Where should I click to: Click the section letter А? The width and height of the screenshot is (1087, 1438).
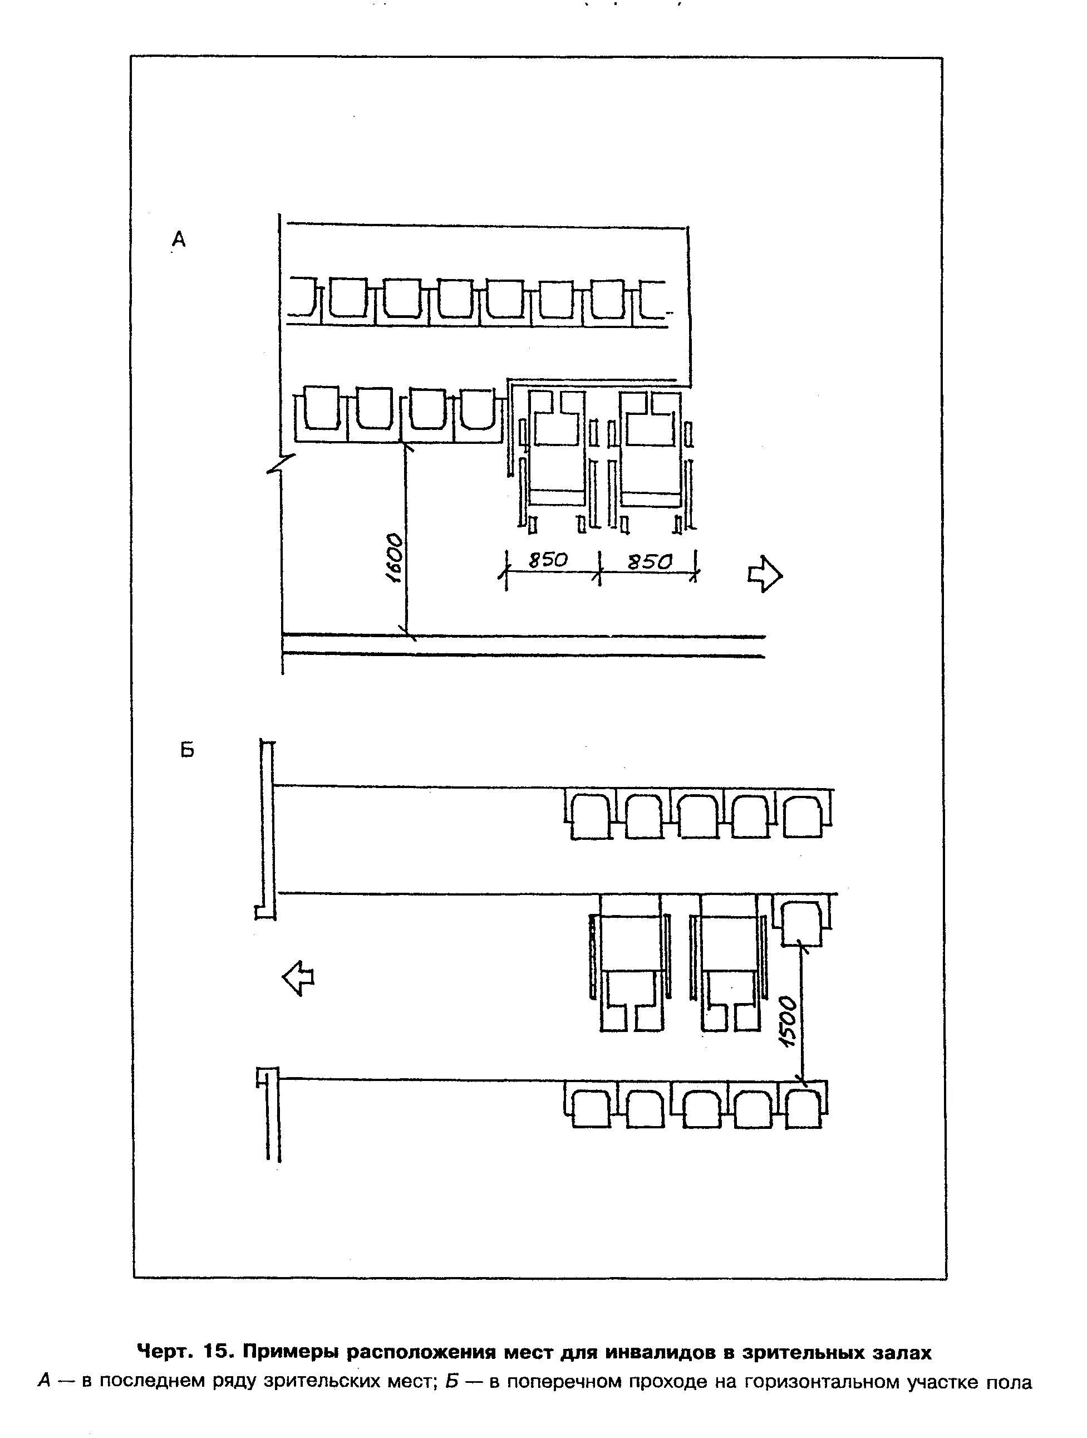point(179,240)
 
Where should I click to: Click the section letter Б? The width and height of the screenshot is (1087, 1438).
point(187,750)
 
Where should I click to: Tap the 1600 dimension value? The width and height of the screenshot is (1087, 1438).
point(394,559)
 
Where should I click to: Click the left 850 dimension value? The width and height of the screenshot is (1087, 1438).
point(548,560)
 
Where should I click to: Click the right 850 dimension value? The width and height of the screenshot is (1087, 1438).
point(649,561)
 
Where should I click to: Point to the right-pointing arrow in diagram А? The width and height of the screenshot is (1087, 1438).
point(765,574)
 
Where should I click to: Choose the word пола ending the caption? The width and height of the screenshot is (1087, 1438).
point(1009,1381)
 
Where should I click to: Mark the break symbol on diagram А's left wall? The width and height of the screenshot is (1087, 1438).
point(281,463)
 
